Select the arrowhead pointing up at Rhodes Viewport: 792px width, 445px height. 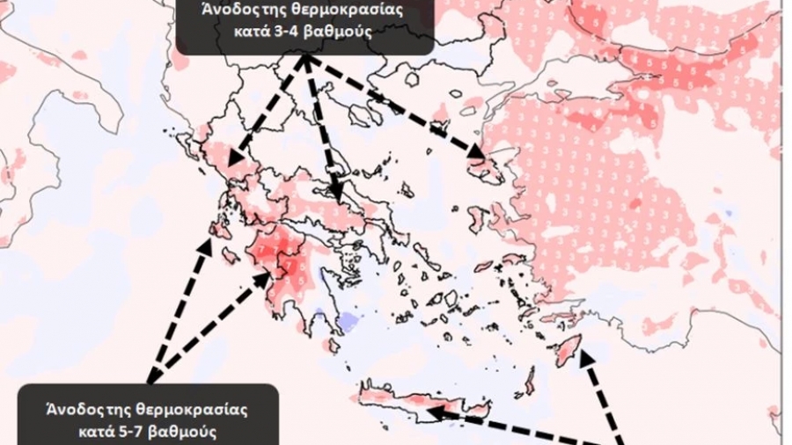(583, 354)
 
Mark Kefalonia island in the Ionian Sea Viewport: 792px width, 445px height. (215, 231)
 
